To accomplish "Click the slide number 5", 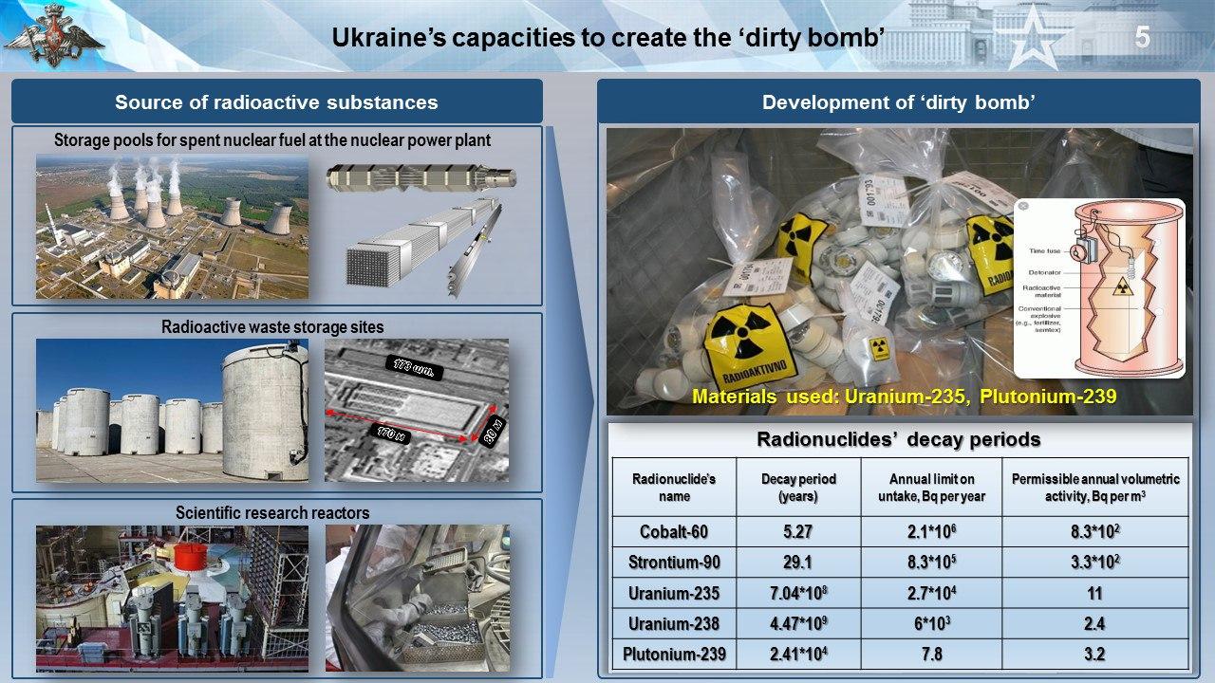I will pyautogui.click(x=1142, y=38).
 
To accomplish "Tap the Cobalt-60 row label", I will pyautogui.click(x=674, y=531).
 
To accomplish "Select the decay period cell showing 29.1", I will pyautogui.click(x=796, y=563).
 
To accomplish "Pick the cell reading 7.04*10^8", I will pyautogui.click(x=796, y=594).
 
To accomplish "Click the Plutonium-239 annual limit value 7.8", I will pyautogui.click(x=930, y=654).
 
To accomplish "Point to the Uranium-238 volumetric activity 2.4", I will pyautogui.click(x=1094, y=623).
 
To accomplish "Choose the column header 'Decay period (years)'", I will pyautogui.click(x=796, y=488).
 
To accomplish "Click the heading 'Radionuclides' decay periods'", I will pyautogui.click(x=898, y=440).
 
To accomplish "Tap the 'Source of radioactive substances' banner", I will pyautogui.click(x=276, y=102).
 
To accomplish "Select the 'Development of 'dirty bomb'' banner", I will pyautogui.click(x=898, y=102).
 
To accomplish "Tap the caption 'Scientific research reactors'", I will pyautogui.click(x=272, y=513).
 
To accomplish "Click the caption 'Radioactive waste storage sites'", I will pyautogui.click(x=272, y=327).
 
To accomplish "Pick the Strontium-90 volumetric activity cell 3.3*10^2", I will pyautogui.click(x=1094, y=563).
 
